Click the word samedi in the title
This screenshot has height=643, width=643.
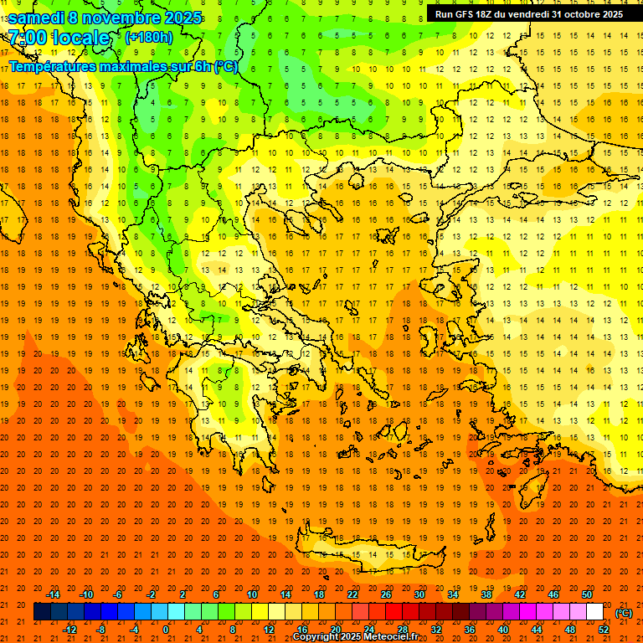tap(36, 18)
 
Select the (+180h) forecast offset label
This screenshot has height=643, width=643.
tap(148, 38)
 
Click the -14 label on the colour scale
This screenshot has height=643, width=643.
tap(54, 594)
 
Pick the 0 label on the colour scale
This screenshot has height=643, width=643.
tap(166, 629)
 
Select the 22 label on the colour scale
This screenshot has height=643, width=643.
tap(352, 594)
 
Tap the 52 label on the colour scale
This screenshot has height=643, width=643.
tap(604, 629)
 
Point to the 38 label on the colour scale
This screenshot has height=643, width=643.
tap(486, 594)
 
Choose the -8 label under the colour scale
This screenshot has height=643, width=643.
tap(100, 629)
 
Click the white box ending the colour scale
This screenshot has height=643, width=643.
tap(595, 612)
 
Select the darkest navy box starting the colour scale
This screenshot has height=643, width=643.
tap(43, 612)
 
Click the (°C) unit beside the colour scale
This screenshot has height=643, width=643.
tap(624, 613)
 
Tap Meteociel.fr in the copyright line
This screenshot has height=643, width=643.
tap(391, 637)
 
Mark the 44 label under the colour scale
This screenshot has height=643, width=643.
tap(537, 629)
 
